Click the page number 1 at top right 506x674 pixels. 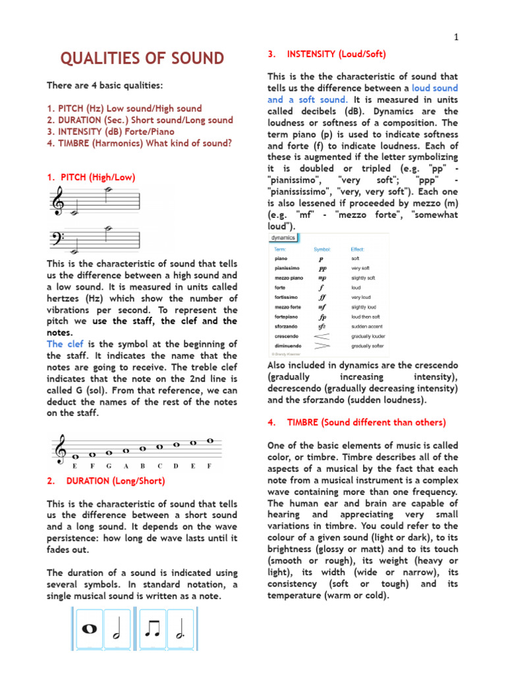[455, 38]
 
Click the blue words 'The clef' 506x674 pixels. [64, 344]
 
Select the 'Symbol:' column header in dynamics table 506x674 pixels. [322, 249]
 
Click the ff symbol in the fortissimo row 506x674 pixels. [322, 298]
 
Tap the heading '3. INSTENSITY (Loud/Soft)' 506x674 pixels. [327, 54]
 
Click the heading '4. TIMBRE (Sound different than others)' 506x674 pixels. [356, 422]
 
